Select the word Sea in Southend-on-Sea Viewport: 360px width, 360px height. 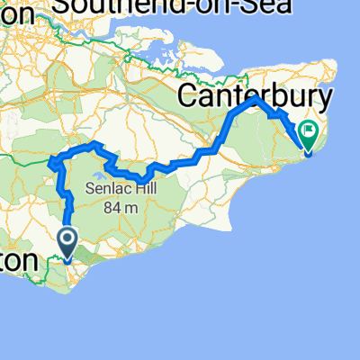271,8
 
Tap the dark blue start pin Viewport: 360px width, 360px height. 67,241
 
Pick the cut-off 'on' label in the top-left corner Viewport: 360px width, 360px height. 18,11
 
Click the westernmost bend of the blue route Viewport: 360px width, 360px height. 51,163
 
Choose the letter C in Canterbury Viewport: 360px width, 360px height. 192,95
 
